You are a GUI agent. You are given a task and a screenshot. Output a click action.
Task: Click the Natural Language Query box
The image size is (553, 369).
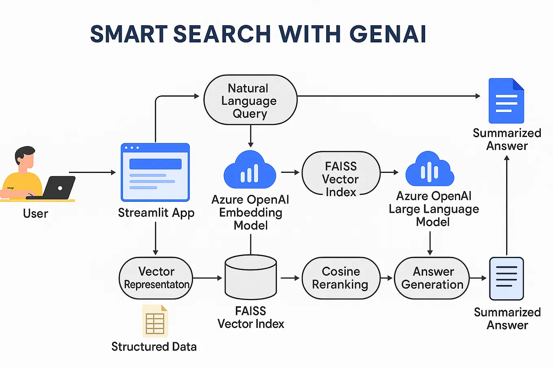pos(250,100)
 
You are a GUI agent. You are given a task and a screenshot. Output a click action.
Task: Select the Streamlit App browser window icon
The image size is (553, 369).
pos(155,172)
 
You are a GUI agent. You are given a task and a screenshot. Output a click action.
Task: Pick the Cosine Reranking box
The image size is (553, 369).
pos(340,278)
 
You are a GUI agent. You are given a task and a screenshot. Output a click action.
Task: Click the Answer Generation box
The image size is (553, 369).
pos(432,278)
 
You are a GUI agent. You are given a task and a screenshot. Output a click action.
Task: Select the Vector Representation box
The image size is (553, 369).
pos(156,278)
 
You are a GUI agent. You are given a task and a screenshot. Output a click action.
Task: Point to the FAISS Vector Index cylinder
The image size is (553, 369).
pos(250,277)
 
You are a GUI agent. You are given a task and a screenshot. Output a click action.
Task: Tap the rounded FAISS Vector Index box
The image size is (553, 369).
pos(341,173)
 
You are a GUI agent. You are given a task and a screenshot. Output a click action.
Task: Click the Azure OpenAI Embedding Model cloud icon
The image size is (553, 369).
pos(250,170)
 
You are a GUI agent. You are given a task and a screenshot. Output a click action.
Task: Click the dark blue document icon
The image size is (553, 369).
pos(506,101)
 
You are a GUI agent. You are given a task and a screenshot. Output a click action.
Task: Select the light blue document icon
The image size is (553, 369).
pos(506,278)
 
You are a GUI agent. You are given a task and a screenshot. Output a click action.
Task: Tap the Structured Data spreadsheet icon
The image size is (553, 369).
pos(155,321)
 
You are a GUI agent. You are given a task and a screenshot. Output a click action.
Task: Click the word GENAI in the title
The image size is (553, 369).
pos(388,34)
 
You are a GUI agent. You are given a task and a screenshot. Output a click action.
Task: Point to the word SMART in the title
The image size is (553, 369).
pos(129,34)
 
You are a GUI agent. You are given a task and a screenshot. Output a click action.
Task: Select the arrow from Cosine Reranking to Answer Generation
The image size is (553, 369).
pos(387,278)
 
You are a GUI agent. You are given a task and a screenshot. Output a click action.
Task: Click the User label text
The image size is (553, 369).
pos(35,213)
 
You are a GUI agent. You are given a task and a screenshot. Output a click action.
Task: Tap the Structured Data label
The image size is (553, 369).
pos(154,347)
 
